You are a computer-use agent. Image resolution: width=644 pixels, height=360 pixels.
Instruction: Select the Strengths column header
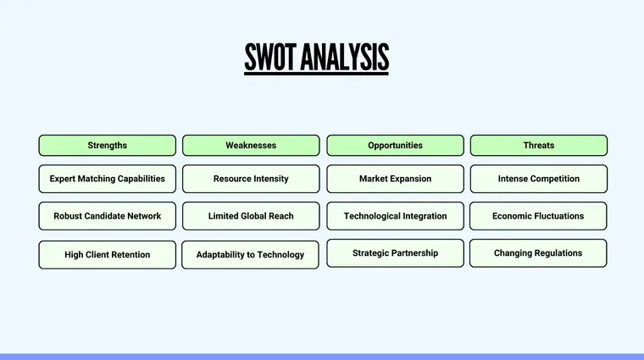coord(108,146)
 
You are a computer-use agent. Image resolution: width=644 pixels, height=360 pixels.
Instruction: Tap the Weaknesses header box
coord(251,146)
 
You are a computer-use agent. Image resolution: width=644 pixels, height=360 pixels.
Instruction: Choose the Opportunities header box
coord(395,146)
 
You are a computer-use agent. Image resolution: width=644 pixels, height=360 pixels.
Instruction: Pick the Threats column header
coord(539,146)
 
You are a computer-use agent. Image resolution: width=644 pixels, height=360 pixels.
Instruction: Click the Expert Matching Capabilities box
coord(108,179)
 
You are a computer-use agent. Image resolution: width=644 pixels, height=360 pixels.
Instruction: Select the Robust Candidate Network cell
coord(108,216)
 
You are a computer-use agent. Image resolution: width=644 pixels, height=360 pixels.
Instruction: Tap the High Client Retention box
coord(108,254)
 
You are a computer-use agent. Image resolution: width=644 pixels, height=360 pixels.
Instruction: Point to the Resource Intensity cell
coord(251,179)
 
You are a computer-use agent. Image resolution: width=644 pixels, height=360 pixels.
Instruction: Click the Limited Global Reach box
coord(251,216)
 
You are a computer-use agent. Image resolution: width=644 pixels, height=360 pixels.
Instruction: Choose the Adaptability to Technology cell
coord(251,254)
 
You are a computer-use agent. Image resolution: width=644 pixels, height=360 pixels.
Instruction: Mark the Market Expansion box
coord(395,179)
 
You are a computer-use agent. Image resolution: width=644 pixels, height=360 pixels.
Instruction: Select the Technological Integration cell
coord(395,216)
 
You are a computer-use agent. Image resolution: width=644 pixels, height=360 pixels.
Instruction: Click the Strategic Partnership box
coord(395,252)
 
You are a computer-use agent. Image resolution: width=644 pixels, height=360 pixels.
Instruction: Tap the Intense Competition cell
coord(539,179)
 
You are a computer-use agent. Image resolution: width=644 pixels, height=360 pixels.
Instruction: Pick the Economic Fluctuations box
coord(539,216)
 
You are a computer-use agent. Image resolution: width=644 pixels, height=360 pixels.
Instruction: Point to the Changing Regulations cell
coord(539,252)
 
